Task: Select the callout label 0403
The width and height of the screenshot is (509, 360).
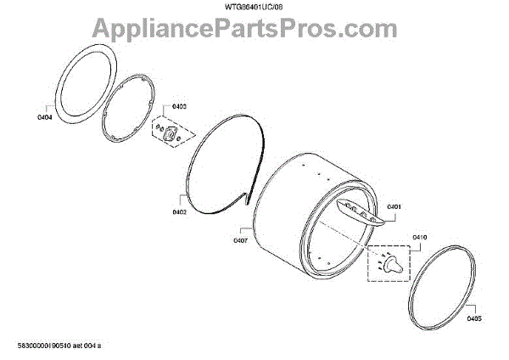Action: (179, 106)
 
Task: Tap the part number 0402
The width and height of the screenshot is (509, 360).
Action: (179, 212)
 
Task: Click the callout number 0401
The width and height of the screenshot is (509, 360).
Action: (393, 206)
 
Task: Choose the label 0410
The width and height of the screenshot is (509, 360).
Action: (395, 237)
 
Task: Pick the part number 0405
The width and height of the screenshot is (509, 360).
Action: (474, 318)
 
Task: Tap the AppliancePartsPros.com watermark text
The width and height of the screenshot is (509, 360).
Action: (255, 32)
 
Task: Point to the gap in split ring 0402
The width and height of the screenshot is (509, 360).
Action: (247, 199)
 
